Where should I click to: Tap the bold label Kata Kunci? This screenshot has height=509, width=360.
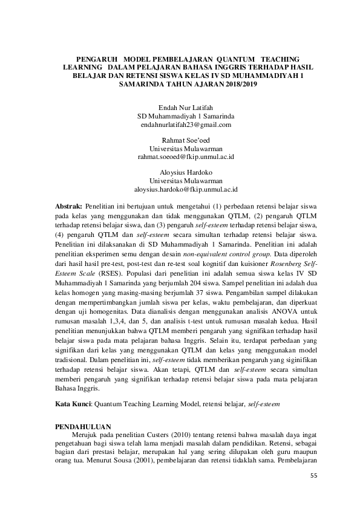(73, 401)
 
